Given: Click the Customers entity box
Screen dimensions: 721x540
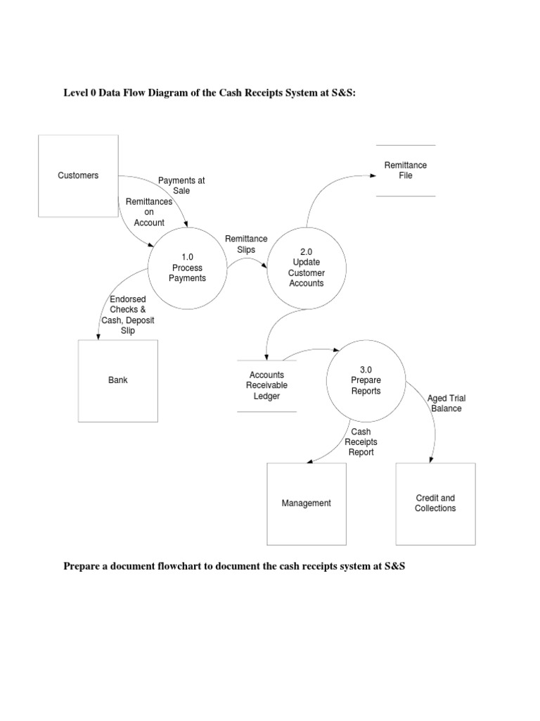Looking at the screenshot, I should coord(77,175).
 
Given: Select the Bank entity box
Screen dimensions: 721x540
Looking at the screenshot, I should coord(117,380).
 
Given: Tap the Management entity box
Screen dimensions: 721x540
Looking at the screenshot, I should coord(306,503).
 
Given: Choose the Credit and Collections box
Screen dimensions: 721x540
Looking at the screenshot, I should coord(435,503).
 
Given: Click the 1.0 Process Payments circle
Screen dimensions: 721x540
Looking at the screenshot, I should coord(187,268).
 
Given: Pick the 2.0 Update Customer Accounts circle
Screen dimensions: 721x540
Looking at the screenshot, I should coord(306,268).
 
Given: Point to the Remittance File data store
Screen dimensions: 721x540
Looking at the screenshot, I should coord(406,170).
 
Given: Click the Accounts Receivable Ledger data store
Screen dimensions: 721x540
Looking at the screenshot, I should coord(268,385).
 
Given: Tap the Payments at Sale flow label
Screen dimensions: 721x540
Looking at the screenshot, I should coord(181,185).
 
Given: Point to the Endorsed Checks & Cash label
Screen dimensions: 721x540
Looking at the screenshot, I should coord(132,315).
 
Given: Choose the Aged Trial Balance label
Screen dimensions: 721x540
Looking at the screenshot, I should coord(446,403).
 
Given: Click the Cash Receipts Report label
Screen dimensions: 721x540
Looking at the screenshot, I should coord(360,441).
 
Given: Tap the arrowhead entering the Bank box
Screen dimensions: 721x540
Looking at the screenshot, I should coord(98,337).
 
